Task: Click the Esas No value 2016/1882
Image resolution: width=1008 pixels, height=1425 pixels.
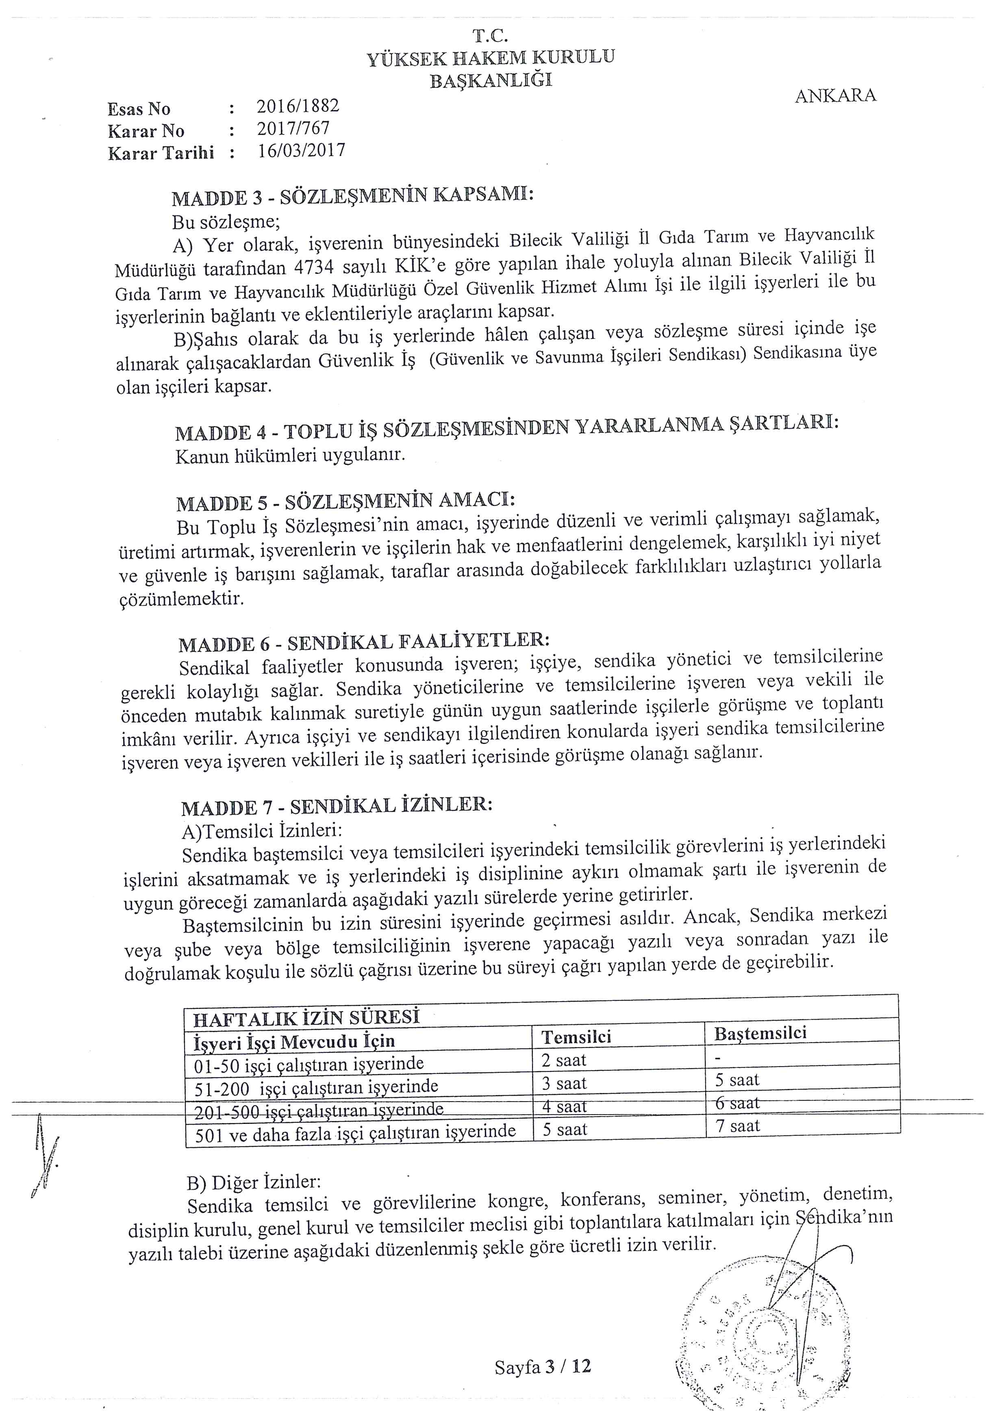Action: click(x=298, y=106)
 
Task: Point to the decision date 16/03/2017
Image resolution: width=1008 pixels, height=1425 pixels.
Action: click(x=301, y=151)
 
